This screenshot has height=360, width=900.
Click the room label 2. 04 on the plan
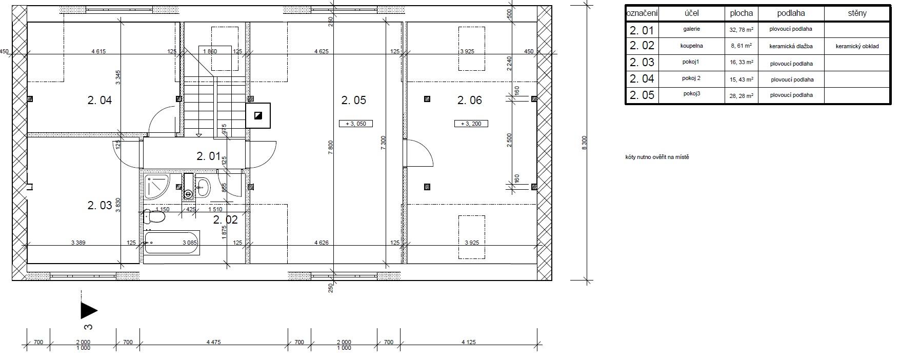[99, 101]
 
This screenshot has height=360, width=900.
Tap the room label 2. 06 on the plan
[470, 101]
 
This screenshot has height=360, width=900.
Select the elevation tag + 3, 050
[356, 124]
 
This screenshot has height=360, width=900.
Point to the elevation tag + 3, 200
[471, 124]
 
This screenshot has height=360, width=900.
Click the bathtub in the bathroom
[171, 243]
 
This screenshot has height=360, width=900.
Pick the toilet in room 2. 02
[154, 217]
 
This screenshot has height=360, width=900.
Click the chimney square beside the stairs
[258, 115]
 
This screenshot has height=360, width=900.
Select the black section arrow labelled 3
[89, 311]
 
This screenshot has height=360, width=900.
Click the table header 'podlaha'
[791, 13]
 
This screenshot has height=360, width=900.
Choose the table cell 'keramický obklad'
[857, 46]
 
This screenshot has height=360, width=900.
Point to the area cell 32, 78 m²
[741, 30]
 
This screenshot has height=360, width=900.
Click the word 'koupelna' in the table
[692, 46]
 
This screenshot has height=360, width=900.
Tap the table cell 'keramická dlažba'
[791, 46]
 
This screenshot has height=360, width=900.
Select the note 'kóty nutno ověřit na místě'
[657, 157]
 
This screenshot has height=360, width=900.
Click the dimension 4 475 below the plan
[213, 342]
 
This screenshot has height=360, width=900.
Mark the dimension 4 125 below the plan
[469, 342]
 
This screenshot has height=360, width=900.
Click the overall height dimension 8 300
[584, 142]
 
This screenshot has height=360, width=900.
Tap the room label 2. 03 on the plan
[99, 206]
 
